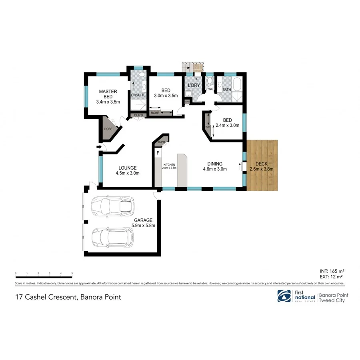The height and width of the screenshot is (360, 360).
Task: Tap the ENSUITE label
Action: pyautogui.click(x=138, y=95)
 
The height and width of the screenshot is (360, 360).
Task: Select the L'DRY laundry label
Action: pyautogui.click(x=194, y=86)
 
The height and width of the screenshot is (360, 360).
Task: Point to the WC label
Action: pyautogui.click(x=210, y=89)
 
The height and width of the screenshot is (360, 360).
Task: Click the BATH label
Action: pyautogui.click(x=226, y=90)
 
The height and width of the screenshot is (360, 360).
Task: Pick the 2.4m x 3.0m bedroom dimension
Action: pyautogui.click(x=228, y=125)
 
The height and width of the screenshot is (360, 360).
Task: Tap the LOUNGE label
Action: pyautogui.click(x=128, y=168)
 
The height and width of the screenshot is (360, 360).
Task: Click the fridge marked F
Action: pyautogui.click(x=158, y=153)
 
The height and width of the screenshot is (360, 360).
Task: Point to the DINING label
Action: pyautogui.click(x=215, y=164)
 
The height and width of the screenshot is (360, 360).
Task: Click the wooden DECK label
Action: pyautogui.click(x=262, y=164)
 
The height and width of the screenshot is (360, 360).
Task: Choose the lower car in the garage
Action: pyautogui.click(x=112, y=238)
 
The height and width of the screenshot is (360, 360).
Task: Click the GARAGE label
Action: pyautogui.click(x=143, y=220)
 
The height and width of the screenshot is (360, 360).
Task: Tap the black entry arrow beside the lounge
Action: pyautogui.click(x=99, y=147)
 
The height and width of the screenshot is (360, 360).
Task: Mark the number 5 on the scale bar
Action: pyautogui.click(x=72, y=273)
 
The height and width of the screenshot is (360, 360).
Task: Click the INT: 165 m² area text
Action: pyautogui.click(x=331, y=270)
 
